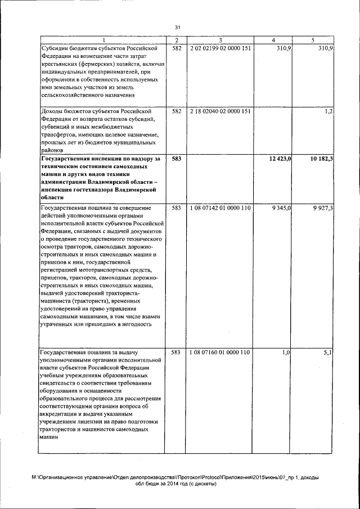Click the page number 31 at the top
click(x=178, y=27)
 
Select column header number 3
click(x=220, y=40)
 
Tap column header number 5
click(x=313, y=40)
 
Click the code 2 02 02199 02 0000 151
click(x=220, y=49)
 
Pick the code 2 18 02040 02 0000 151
click(x=220, y=111)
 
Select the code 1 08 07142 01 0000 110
click(x=220, y=208)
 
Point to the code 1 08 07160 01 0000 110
click(x=220, y=352)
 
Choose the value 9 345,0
click(x=281, y=208)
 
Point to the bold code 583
click(x=176, y=160)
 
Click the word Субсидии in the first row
click(x=56, y=49)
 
